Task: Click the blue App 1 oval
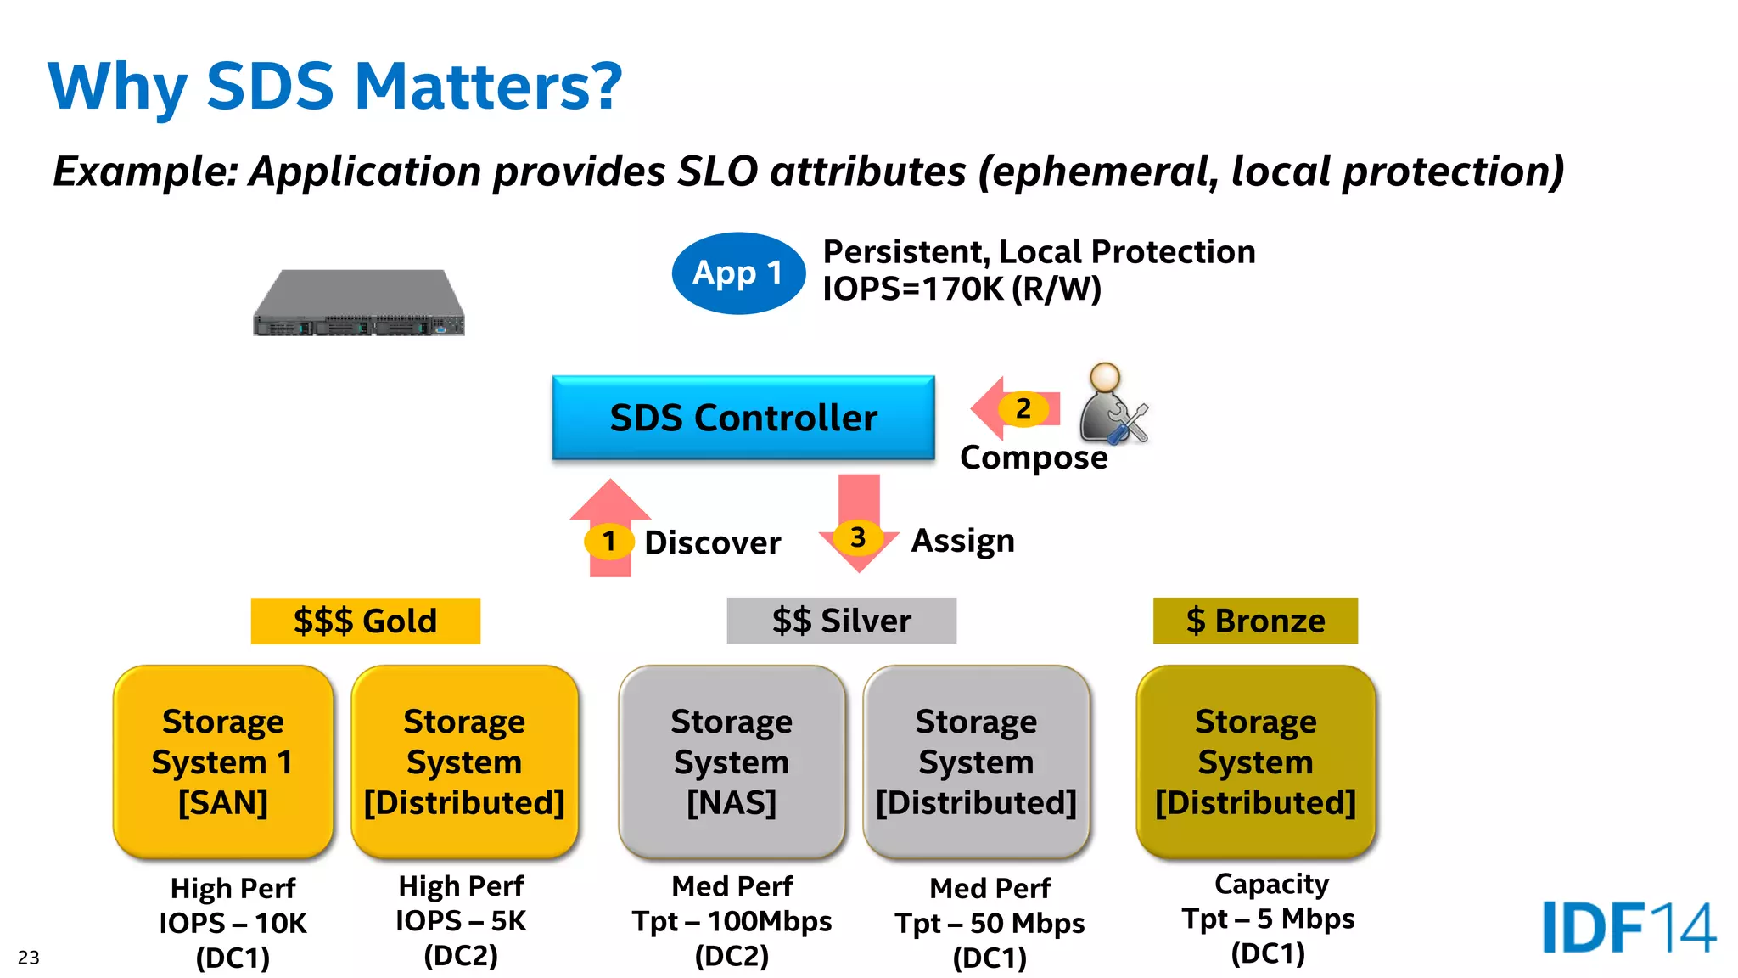pos(737,273)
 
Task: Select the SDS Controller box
pos(743,418)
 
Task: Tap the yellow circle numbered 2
pos(1023,409)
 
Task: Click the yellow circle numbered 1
pos(608,541)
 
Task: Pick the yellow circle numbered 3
pos(858,537)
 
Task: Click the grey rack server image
pos(359,303)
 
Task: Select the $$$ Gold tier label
pos(365,621)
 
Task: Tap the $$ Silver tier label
pos(841,621)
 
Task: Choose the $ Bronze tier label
pos(1254,621)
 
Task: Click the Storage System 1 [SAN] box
pos(223,762)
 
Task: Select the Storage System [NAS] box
pos(732,762)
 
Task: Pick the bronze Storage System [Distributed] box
pos(1255,762)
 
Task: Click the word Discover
pos(712,543)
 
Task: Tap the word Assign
pos(962,541)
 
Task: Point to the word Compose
pos(1033,458)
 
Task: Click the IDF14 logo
pos(1628,927)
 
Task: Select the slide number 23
pos(29,958)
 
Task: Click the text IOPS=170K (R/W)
pos(962,289)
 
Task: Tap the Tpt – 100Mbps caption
pos(732,921)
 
